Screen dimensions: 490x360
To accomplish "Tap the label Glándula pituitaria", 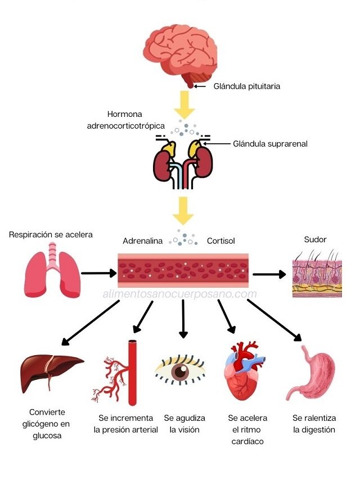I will [x=246, y=87].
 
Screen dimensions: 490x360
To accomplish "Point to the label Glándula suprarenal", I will [x=270, y=143].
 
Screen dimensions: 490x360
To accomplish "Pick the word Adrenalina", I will [x=143, y=241].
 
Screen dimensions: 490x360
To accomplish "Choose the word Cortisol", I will [x=220, y=241].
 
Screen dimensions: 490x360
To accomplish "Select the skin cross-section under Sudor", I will [x=317, y=274].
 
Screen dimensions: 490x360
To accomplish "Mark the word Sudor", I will [x=315, y=239].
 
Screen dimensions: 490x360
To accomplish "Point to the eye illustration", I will [x=180, y=370].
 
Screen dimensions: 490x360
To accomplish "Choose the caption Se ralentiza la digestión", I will [x=314, y=424].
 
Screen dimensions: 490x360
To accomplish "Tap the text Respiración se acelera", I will [x=51, y=234].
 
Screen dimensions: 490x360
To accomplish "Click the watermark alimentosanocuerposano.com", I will [x=180, y=294].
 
